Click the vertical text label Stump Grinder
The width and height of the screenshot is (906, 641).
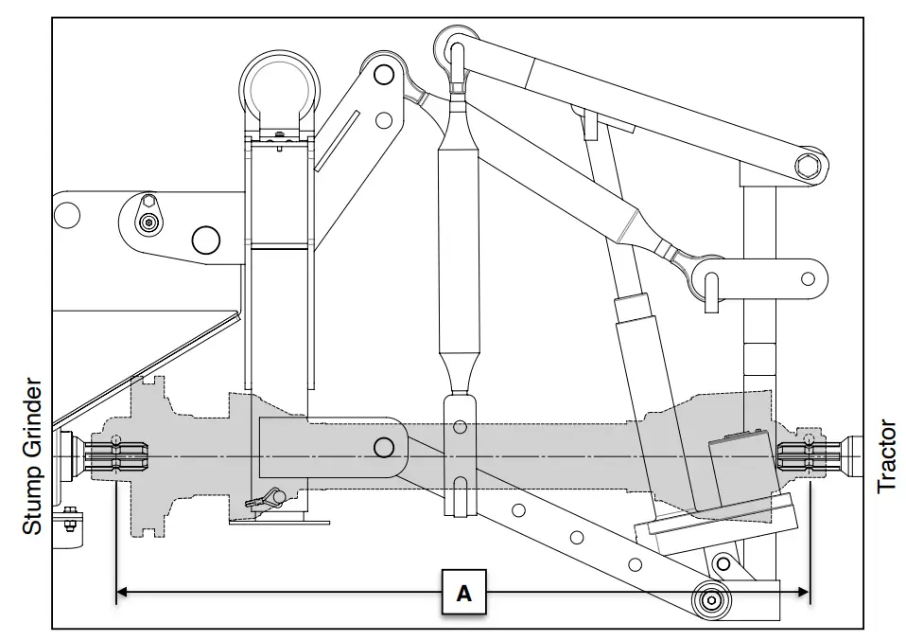click(31, 457)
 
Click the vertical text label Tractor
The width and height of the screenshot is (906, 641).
click(886, 456)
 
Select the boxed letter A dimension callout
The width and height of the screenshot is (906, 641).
click(463, 593)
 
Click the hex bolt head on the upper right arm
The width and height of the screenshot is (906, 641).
click(808, 168)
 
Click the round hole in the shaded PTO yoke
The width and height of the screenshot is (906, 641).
click(384, 446)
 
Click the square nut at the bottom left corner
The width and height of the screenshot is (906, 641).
click(69, 519)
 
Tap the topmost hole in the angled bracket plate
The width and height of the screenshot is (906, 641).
click(382, 72)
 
